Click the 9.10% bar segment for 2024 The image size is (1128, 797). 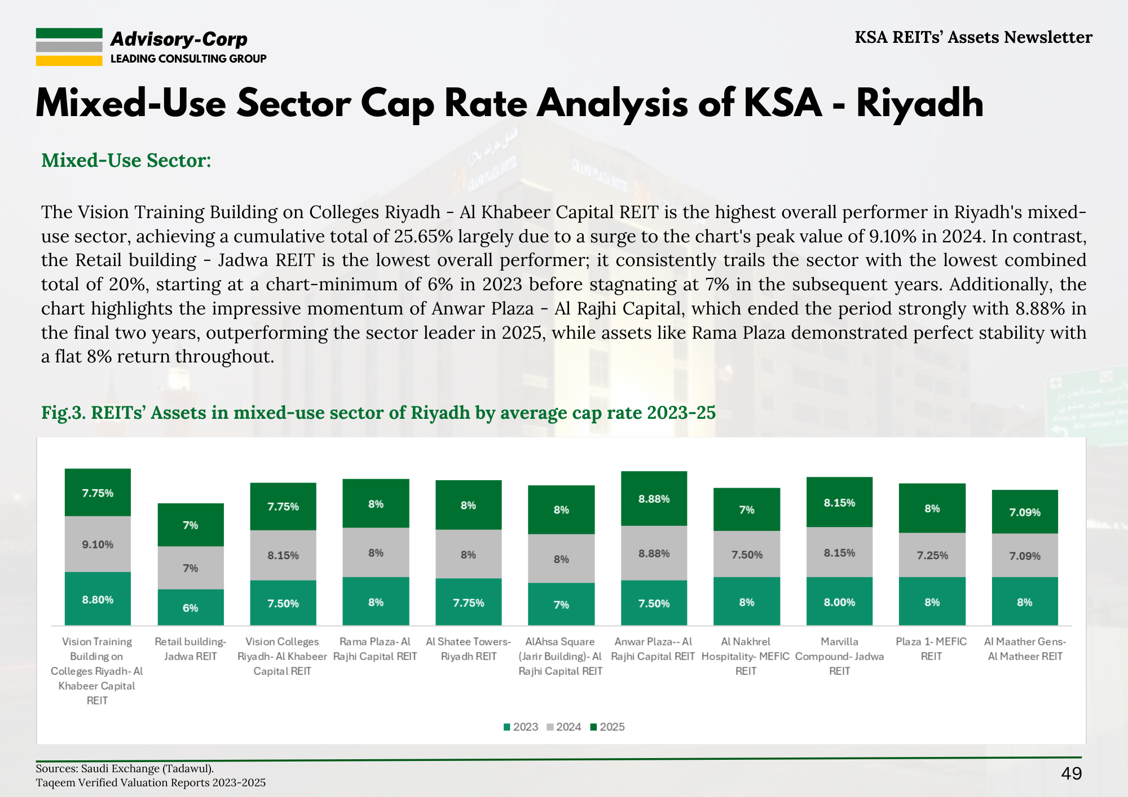tap(98, 544)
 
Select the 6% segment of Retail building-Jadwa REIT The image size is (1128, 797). tap(190, 608)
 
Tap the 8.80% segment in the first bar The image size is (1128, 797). tap(98, 599)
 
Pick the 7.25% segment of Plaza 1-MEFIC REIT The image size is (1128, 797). tap(932, 555)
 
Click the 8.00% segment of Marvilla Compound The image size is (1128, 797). tap(839, 602)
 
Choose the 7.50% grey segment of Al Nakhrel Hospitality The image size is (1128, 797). tap(747, 555)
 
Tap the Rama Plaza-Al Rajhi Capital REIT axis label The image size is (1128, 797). tap(375, 649)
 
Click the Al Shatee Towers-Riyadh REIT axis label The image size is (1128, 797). tap(468, 649)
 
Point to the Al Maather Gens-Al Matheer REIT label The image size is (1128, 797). tap(1025, 649)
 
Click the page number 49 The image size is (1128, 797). tap(1071, 773)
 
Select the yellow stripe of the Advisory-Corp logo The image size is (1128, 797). tap(69, 60)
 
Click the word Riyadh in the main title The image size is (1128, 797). tap(919, 104)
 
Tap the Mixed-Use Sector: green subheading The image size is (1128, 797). tap(126, 161)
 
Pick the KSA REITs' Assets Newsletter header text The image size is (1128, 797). tap(973, 37)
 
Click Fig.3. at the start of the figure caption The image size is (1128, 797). tap(63, 413)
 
